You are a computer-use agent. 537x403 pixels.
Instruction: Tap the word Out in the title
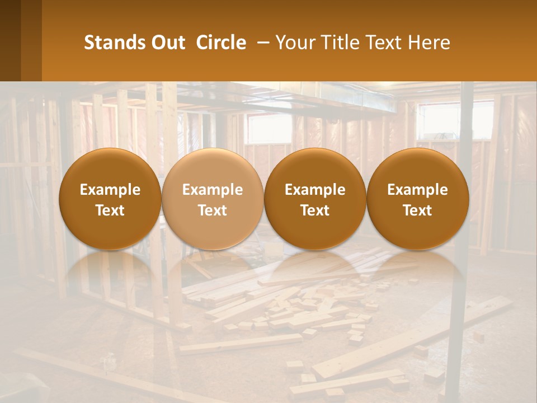(166, 43)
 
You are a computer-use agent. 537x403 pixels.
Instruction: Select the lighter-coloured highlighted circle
(213, 199)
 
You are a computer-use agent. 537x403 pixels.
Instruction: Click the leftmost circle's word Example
(110, 190)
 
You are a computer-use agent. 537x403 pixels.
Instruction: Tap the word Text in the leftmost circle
(110, 210)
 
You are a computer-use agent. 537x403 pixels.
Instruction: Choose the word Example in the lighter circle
(213, 190)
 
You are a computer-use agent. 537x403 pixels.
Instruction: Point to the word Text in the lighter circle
(213, 210)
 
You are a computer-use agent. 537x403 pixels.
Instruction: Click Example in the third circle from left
(315, 190)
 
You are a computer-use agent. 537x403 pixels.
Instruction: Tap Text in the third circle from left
(315, 210)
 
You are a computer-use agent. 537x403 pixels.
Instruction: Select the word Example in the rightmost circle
(417, 190)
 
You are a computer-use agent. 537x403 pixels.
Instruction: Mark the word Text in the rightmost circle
(417, 210)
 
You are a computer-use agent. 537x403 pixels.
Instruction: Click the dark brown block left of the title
(20, 40)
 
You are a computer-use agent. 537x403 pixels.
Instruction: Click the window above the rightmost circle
(442, 120)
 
